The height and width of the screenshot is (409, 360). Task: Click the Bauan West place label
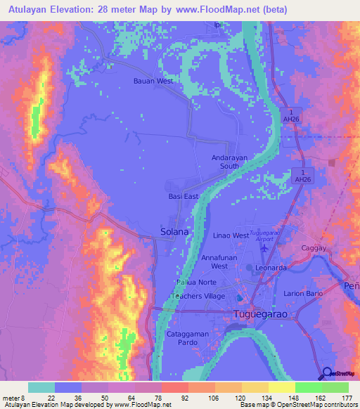153,81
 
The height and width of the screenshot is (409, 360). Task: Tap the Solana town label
174,231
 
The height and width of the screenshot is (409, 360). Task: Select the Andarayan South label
229,162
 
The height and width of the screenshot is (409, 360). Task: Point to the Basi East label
184,197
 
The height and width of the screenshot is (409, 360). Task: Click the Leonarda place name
271,268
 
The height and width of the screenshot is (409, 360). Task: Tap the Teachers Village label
198,297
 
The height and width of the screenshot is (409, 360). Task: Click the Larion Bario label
303,292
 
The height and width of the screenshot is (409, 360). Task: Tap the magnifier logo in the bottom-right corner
327,374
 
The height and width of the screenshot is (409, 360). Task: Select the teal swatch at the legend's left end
41,387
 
